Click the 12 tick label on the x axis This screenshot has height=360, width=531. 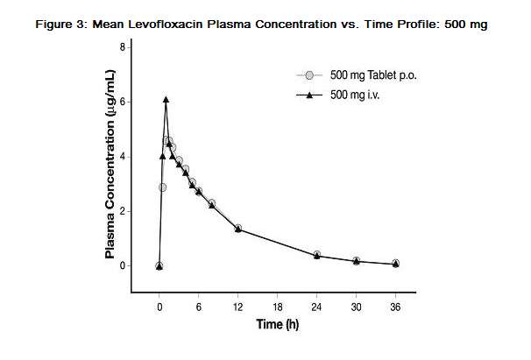tap(238, 307)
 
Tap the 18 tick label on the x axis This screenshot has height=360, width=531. tap(278, 307)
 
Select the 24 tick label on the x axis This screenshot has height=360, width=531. tap(316, 307)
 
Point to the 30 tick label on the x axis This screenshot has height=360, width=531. tap(356, 307)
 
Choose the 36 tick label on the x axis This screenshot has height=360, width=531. tap(395, 307)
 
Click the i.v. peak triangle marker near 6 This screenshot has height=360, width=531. tap(166, 100)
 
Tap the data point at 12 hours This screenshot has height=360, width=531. tap(238, 229)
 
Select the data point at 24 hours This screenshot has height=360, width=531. tap(316, 255)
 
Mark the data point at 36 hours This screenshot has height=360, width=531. tap(395, 263)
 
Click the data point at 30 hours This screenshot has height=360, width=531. tap(356, 260)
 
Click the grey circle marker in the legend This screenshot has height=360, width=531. tap(309, 75)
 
